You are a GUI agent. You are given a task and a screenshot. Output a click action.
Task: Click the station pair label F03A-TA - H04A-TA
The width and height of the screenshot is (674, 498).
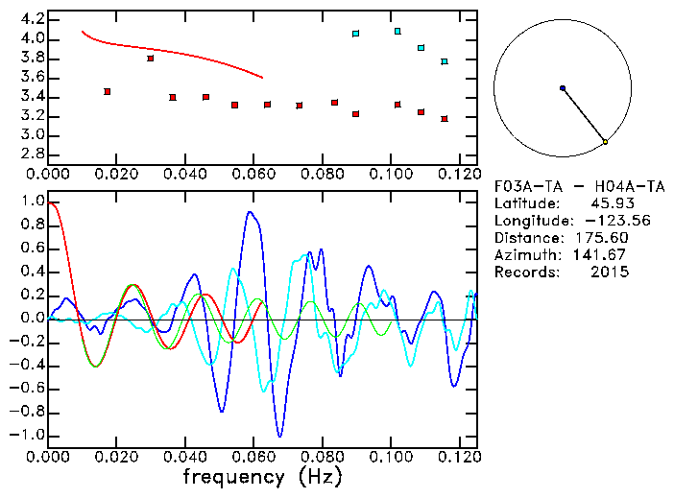567,186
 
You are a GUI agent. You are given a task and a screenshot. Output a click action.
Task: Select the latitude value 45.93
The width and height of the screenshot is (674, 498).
609,203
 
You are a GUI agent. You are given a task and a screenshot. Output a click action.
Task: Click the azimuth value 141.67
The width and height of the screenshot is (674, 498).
605,255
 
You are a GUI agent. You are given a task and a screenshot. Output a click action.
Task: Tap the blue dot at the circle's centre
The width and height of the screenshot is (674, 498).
563,88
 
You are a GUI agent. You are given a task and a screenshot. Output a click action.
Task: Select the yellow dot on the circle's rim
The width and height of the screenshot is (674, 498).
605,142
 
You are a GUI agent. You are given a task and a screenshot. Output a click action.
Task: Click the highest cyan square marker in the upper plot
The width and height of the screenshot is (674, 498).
397,32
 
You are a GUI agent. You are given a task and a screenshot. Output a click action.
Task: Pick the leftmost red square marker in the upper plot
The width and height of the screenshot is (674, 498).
108,91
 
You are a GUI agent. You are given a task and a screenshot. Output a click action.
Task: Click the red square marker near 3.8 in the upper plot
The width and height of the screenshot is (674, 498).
151,59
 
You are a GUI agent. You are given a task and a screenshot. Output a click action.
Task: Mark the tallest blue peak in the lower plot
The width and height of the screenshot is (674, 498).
251,212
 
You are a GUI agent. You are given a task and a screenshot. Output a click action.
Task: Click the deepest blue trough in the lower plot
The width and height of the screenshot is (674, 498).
280,436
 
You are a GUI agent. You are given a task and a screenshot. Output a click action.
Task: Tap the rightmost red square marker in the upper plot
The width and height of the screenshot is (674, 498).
445,119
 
